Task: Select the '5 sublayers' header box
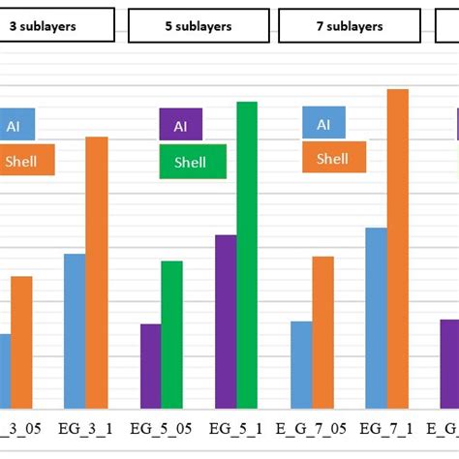(x=199, y=26)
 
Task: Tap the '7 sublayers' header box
(x=349, y=26)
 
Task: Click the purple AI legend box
(x=180, y=125)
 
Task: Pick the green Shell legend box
(x=193, y=162)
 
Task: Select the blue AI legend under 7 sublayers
(x=323, y=124)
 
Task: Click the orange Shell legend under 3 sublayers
(x=26, y=161)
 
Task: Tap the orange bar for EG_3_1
(x=97, y=272)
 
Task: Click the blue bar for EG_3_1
(x=75, y=330)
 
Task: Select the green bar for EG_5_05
(x=171, y=334)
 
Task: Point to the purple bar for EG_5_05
(x=150, y=365)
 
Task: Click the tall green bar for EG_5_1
(x=247, y=255)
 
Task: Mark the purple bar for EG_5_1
(x=226, y=321)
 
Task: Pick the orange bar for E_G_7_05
(x=322, y=332)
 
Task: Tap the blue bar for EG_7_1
(x=376, y=318)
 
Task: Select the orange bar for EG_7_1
(x=398, y=248)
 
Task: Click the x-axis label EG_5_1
(x=235, y=427)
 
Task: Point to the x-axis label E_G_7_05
(x=312, y=427)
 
